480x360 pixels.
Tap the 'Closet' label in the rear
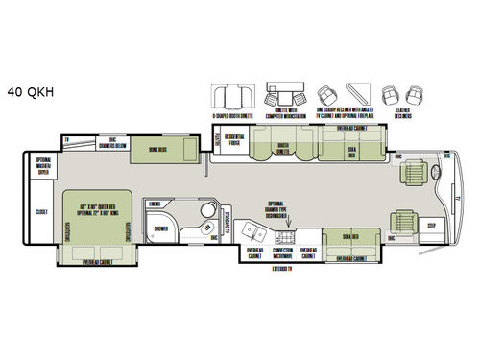[41, 212]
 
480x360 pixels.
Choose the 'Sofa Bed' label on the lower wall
[346, 237]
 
